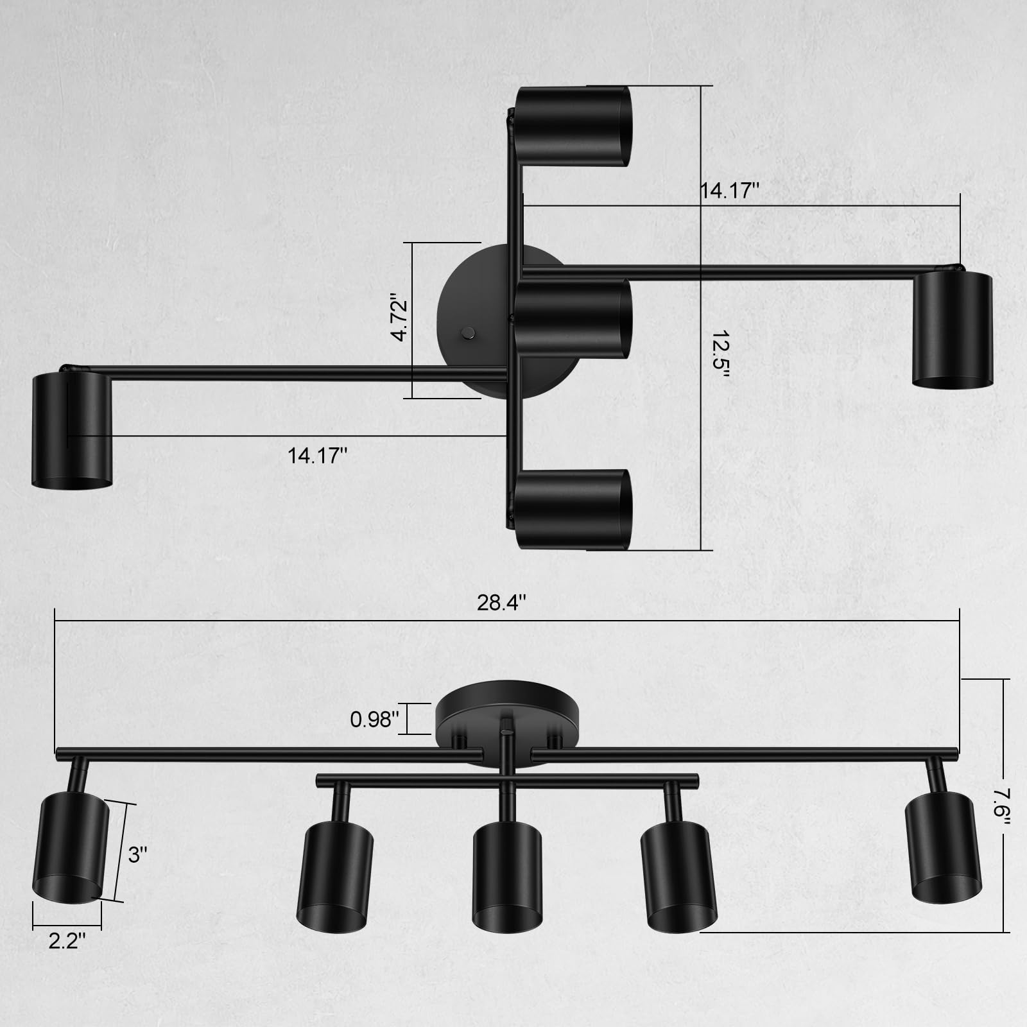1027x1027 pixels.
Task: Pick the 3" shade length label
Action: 138,854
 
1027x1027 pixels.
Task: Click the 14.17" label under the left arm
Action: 317,456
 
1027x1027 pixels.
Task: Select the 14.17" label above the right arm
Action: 729,190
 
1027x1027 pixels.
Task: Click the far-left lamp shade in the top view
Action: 72,431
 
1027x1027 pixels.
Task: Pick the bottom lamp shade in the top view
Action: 573,509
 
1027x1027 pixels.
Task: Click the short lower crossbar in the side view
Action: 507,781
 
